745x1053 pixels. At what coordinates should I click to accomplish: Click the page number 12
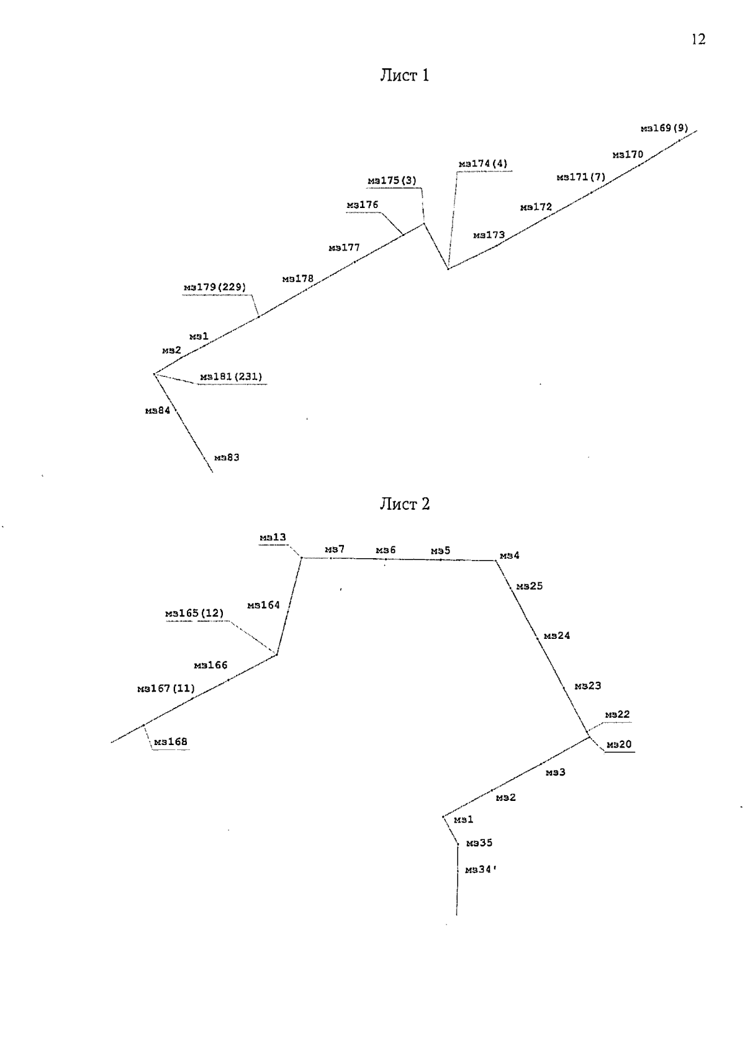tap(698, 39)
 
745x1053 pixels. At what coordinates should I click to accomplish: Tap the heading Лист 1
tap(405, 75)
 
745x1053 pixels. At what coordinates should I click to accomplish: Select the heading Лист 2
tap(405, 504)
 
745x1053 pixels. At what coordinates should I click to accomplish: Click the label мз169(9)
tap(664, 128)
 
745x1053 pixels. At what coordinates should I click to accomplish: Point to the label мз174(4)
tap(483, 163)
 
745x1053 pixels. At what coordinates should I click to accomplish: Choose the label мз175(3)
tap(392, 181)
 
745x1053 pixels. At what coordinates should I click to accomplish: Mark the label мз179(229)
tap(215, 287)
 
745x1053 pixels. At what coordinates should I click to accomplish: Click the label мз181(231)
tap(231, 376)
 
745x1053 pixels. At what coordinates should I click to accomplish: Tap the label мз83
tap(227, 458)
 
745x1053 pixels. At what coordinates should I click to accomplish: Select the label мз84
tap(158, 410)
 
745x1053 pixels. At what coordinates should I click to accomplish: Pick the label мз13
tap(273, 537)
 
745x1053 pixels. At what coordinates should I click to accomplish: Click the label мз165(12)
tap(194, 613)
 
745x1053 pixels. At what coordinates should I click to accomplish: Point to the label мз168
tap(171, 742)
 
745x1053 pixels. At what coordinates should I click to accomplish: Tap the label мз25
tap(529, 586)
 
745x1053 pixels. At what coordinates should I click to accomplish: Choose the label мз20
tap(619, 744)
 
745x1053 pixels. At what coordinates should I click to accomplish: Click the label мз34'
tap(481, 870)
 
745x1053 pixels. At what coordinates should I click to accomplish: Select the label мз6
tap(386, 550)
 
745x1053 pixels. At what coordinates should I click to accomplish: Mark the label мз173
tap(489, 235)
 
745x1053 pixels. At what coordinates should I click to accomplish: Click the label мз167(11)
tap(166, 689)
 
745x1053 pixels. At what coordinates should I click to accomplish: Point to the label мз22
tap(617, 715)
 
